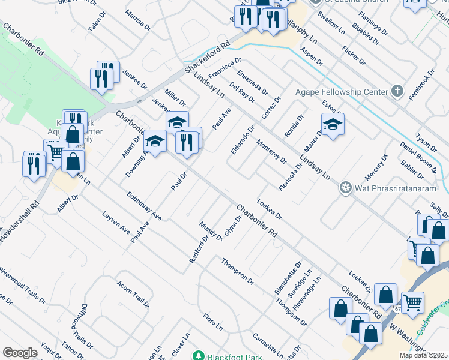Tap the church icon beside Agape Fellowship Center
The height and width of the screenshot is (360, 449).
(x=396, y=92)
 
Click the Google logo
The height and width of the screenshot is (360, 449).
(x=20, y=353)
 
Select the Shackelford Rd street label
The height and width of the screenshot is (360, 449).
(x=207, y=58)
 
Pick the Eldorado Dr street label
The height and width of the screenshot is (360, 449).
(x=243, y=139)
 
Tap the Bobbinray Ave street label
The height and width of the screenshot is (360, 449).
(x=144, y=205)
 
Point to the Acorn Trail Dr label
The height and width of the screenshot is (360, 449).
(x=133, y=293)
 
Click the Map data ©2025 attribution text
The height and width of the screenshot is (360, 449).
(x=423, y=355)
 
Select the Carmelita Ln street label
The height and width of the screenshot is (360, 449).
(x=268, y=343)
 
